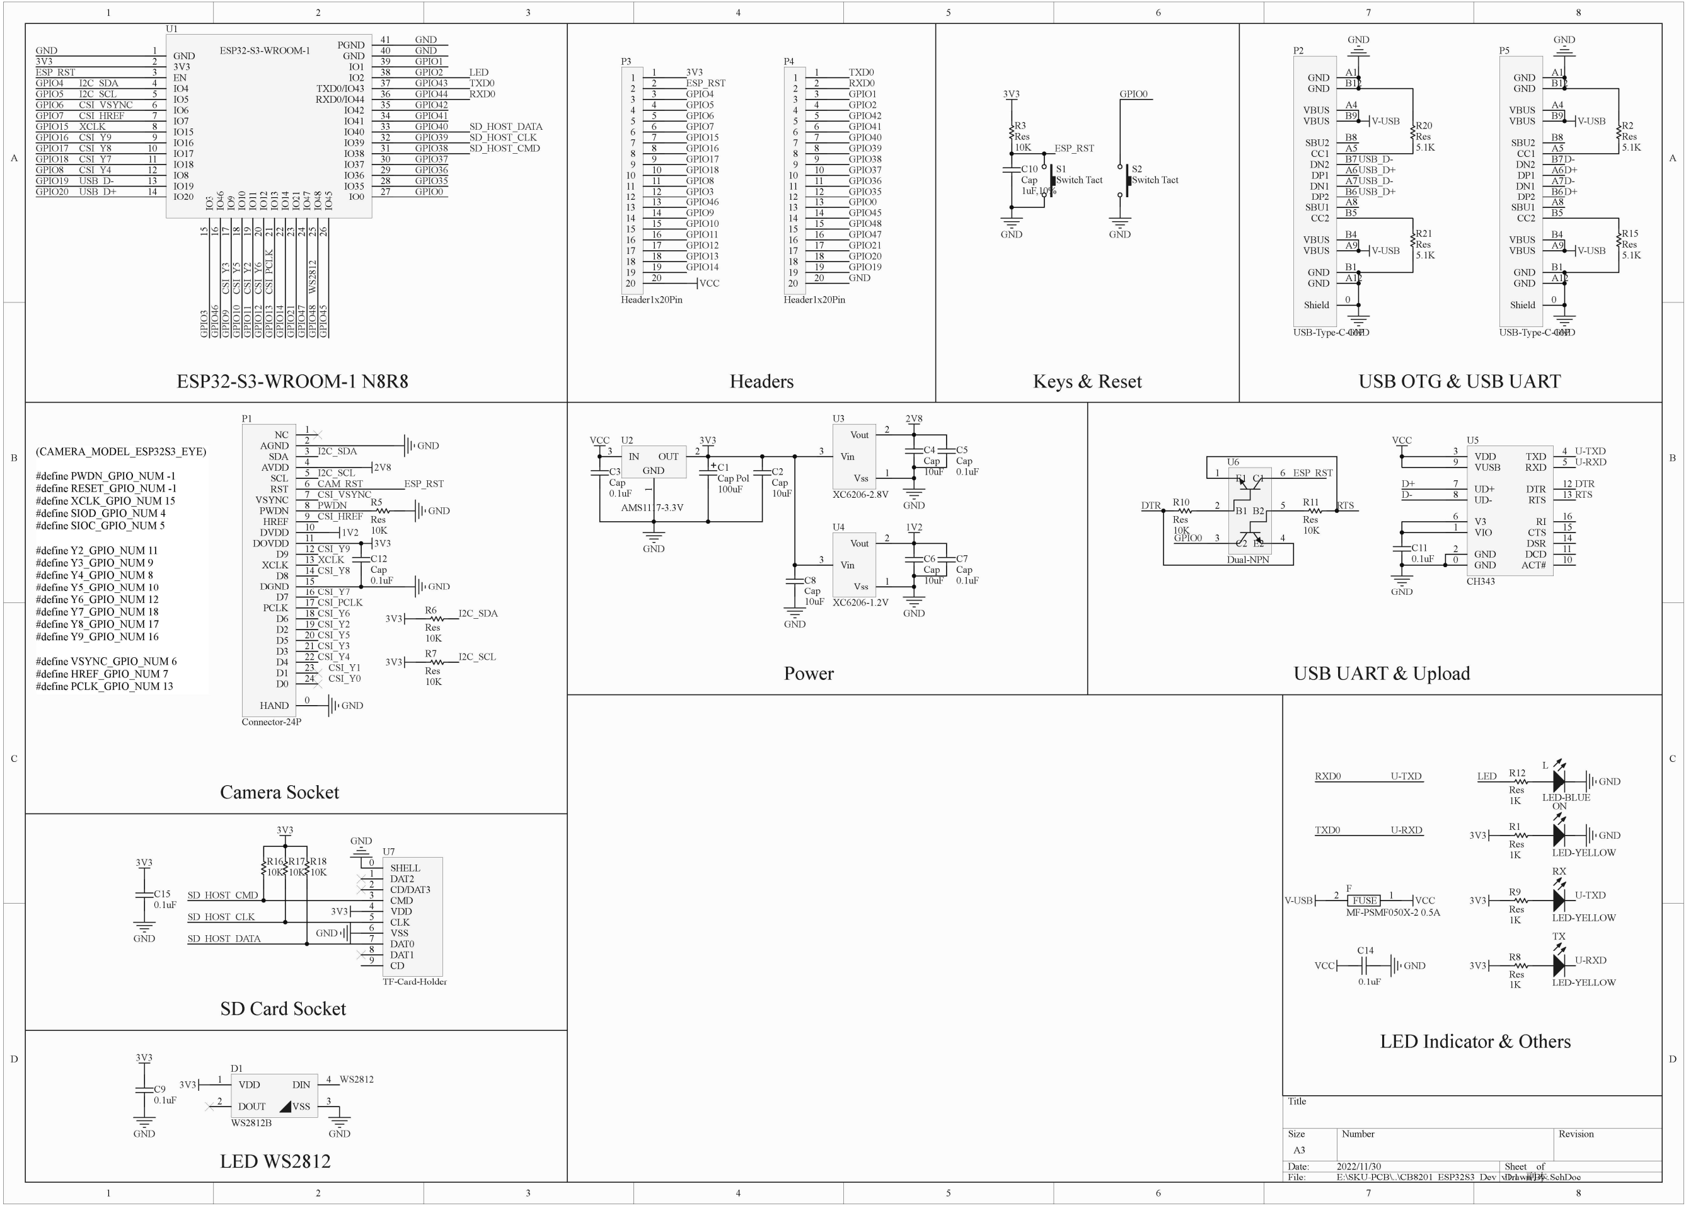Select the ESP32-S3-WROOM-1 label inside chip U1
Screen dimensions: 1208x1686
click(x=265, y=50)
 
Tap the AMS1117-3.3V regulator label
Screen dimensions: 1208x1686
click(x=652, y=508)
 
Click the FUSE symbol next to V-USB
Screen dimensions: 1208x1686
click(x=1363, y=900)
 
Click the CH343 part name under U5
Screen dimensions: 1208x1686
click(x=1480, y=582)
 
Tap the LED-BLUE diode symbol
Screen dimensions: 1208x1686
click(x=1559, y=781)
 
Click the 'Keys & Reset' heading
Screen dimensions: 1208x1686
click(x=1087, y=381)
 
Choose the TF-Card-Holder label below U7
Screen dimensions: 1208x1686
click(x=414, y=981)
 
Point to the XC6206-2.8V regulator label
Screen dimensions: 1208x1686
click(x=860, y=494)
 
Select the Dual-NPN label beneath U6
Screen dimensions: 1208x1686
click(x=1247, y=560)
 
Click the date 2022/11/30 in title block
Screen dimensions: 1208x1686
click(x=1358, y=1166)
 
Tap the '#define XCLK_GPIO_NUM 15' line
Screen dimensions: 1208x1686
click(x=105, y=501)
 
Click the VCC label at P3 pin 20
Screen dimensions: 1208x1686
click(x=709, y=283)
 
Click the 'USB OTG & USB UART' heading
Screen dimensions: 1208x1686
click(x=1459, y=381)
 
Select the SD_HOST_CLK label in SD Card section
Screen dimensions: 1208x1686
click(x=221, y=918)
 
